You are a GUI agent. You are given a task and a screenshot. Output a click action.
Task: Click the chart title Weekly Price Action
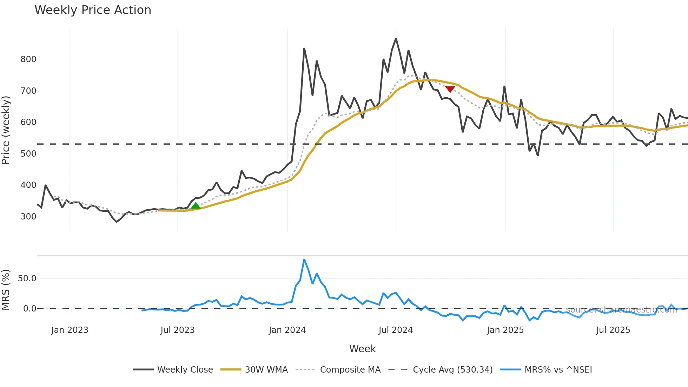[x=93, y=10]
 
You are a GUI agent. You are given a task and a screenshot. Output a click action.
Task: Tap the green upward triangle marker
[x=196, y=205]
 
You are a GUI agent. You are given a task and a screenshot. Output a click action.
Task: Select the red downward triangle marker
[x=450, y=89]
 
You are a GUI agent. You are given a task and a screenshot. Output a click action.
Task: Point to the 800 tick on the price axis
[x=28, y=59]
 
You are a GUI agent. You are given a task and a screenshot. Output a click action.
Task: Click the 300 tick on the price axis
[x=28, y=217]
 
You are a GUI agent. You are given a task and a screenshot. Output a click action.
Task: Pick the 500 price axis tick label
[x=28, y=154]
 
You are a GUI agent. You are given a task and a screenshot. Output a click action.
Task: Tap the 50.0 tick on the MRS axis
[x=27, y=278]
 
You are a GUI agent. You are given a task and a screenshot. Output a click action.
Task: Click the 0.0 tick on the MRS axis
[x=29, y=309]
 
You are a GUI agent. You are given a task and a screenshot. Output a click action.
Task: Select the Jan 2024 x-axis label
[x=287, y=330]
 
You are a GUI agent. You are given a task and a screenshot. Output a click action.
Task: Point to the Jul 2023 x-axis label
[x=178, y=330]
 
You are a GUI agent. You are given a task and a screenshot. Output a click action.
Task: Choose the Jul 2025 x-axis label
[x=613, y=330]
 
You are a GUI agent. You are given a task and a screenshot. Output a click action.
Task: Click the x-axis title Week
[x=362, y=349]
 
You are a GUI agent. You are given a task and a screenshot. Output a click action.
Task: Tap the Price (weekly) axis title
[x=6, y=130]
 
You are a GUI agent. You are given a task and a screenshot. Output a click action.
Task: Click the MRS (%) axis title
[x=6, y=290]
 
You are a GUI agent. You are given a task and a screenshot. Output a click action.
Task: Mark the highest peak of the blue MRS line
[x=304, y=260]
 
